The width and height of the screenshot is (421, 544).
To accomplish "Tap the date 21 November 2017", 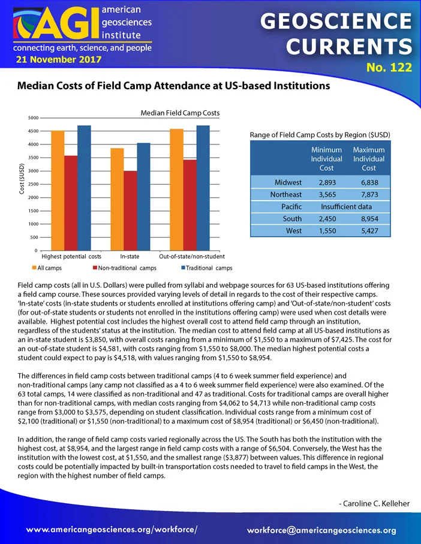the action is [59, 59].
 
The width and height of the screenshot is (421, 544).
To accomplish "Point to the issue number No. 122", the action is [389, 67].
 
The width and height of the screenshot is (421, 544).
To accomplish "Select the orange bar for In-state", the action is [117, 199].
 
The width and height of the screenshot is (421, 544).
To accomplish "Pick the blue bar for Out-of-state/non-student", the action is [203, 188].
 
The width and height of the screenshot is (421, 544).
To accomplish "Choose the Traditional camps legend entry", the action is [207, 268].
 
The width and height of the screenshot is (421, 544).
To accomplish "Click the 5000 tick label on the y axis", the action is [34, 118].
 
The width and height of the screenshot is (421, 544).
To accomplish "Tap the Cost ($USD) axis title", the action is [22, 179].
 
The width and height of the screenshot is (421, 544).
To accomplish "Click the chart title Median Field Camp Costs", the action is [180, 113].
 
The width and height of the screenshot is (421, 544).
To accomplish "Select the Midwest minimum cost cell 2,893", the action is [327, 183].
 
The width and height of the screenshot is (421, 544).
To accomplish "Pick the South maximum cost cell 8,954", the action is [369, 219].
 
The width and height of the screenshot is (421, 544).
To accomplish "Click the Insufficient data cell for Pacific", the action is [346, 207].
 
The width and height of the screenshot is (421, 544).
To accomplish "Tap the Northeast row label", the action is [286, 195].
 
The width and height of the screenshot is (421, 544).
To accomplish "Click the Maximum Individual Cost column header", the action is [369, 159].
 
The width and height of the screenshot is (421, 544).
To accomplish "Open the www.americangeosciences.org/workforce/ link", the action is [112, 530].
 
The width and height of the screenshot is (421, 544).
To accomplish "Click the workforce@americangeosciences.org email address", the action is [321, 530].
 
